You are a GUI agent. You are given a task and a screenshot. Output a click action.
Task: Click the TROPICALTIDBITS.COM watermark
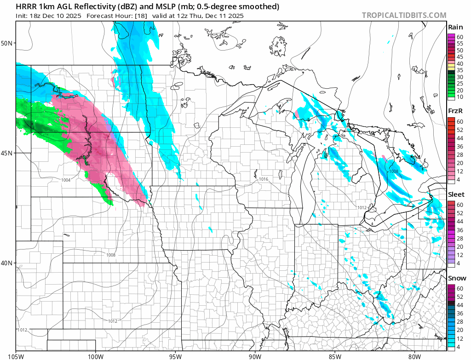coord(404,15)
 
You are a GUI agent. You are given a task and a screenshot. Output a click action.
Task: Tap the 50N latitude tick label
coord(7,43)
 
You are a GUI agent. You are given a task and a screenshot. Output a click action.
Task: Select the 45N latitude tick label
coord(7,153)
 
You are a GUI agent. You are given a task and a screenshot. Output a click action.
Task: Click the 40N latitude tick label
coord(7,263)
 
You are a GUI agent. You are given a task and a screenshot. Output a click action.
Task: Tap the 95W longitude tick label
coord(175,355)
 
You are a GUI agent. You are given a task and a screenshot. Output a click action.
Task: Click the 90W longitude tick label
coord(255,355)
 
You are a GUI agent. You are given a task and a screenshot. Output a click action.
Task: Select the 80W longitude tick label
coord(414,355)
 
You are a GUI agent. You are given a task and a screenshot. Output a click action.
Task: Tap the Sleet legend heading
coord(456,194)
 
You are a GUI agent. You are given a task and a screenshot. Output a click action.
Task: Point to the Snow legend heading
coord(457,278)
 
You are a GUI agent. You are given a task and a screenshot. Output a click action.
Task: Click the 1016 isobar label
coord(264,179)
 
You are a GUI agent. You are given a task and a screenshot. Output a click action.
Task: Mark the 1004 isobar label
coord(66,180)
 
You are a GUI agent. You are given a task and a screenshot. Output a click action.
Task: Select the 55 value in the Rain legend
coord(460,43)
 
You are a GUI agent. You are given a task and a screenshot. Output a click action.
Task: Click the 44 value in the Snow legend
coord(460,305)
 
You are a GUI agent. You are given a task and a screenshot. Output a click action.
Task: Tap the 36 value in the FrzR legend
coord(460,146)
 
